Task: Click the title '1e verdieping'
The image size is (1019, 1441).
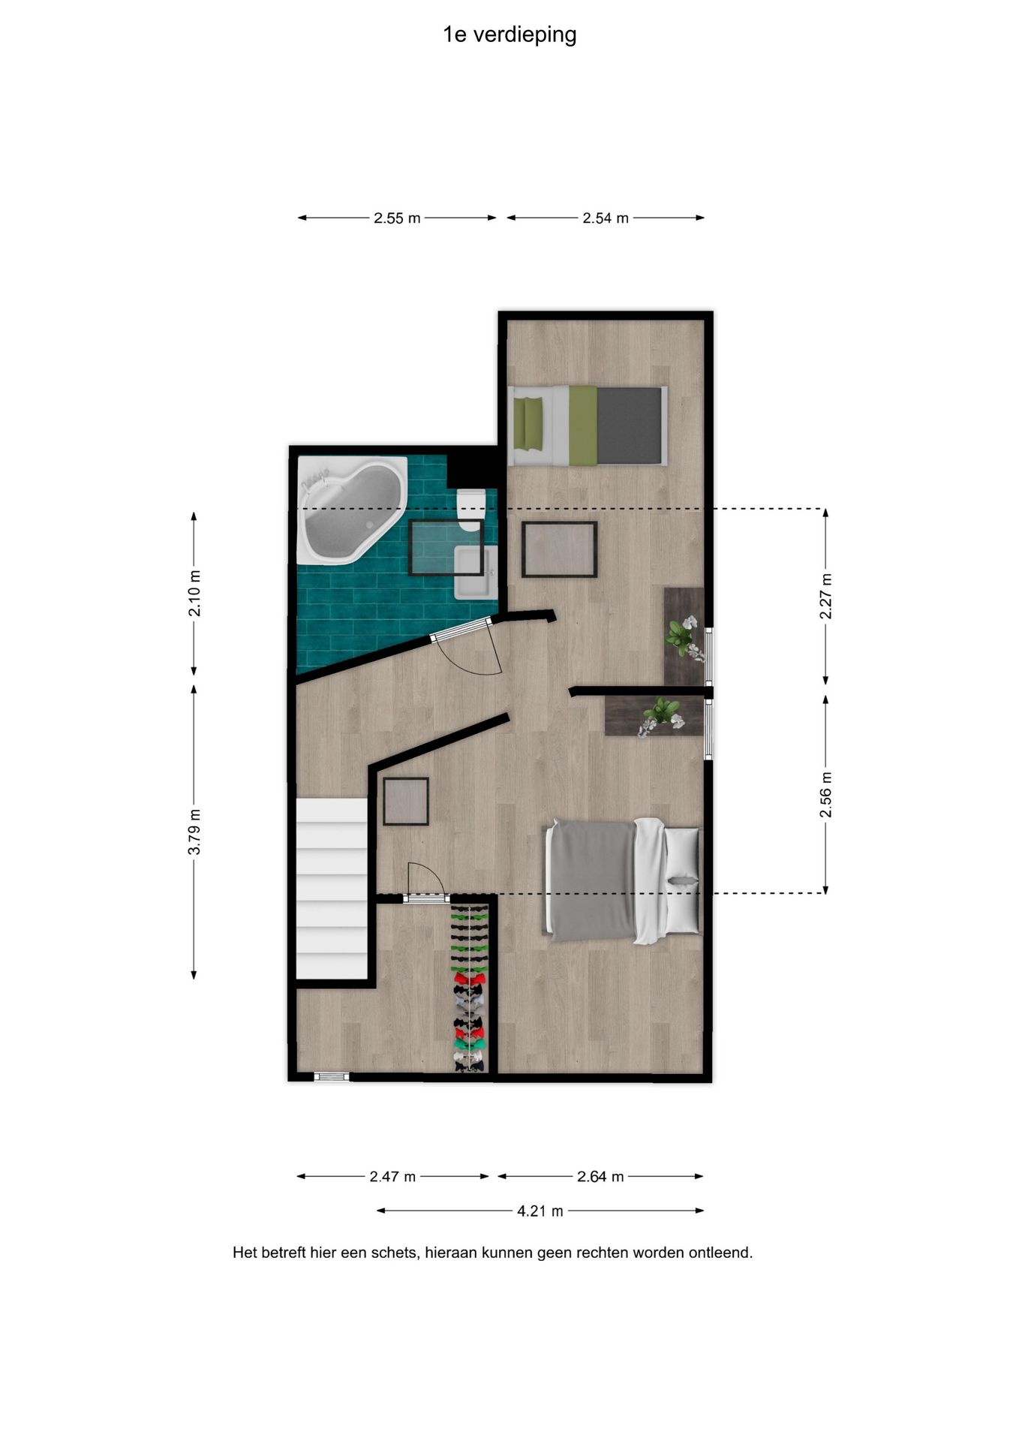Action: [509, 35]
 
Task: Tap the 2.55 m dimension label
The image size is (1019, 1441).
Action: [397, 218]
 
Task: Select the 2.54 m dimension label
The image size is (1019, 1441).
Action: [606, 218]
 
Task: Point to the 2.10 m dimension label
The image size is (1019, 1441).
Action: [194, 593]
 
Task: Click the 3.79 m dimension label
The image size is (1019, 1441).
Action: [194, 831]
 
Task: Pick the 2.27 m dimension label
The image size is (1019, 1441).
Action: [825, 596]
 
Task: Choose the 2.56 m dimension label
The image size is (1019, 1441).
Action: [825, 795]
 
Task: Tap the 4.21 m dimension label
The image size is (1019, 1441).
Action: [540, 1211]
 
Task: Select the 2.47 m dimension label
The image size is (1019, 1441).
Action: [392, 1176]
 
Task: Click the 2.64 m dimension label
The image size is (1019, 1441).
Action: [600, 1176]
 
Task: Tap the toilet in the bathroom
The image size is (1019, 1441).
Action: [470, 510]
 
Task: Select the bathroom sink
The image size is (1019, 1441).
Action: [474, 572]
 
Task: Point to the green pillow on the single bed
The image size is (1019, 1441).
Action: [529, 424]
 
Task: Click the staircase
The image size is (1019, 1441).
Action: [332, 889]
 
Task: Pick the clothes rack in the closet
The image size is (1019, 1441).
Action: [470, 988]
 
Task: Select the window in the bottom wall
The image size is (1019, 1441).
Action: [332, 1076]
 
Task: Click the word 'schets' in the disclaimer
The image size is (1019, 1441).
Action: [398, 1253]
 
